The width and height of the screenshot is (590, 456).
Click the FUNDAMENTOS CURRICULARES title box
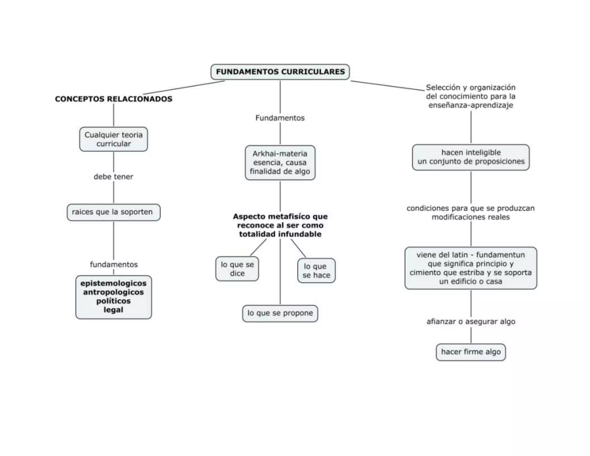(280, 72)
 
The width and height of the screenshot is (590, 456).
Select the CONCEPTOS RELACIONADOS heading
(114, 99)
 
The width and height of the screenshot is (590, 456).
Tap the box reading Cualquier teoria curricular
(114, 139)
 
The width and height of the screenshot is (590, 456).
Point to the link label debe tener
(114, 177)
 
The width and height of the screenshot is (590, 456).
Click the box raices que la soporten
(114, 212)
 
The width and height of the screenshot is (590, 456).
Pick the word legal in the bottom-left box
(114, 310)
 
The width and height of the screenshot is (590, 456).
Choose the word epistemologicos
(114, 283)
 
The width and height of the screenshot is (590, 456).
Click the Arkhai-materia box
(280, 163)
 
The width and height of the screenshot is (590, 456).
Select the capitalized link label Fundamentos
(280, 118)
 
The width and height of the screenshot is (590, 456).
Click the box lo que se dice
(237, 269)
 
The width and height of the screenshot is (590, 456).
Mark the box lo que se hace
(316, 271)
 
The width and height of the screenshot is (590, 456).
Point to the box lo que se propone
(280, 313)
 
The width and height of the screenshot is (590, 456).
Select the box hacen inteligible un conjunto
(471, 157)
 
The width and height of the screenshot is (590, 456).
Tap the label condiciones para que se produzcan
(471, 212)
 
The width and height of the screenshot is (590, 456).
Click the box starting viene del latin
(471, 268)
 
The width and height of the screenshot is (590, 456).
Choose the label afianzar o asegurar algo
(471, 322)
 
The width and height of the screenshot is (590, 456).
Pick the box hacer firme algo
(471, 352)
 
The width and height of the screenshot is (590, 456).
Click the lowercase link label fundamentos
(114, 265)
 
